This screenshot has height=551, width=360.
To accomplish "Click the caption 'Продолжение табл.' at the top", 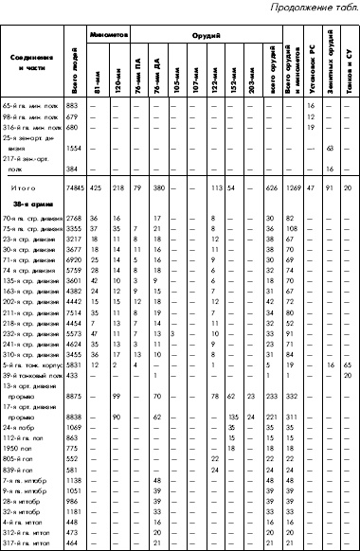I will [310, 9].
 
